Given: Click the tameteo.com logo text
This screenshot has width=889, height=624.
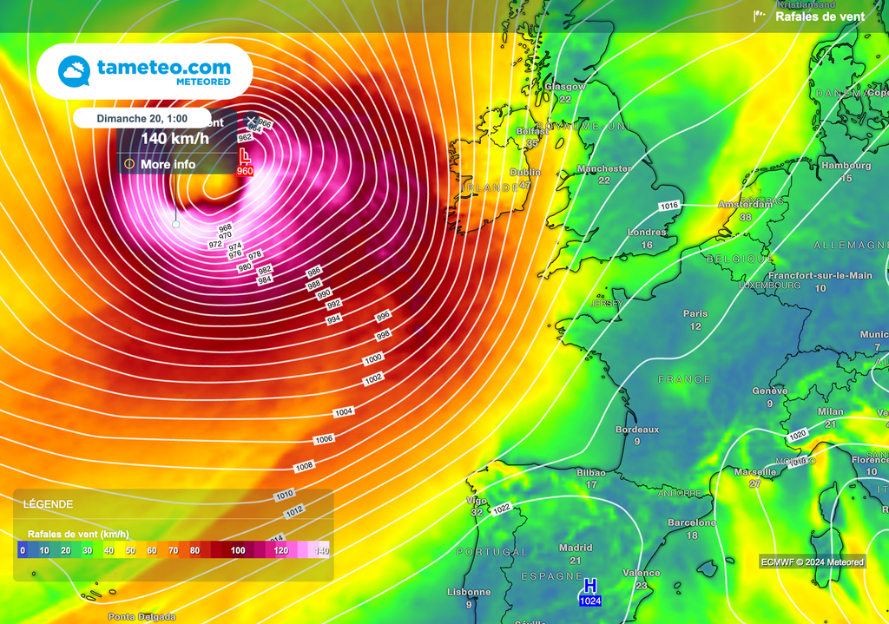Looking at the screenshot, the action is (x=164, y=67).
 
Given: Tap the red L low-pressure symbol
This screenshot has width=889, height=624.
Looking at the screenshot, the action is (x=245, y=156).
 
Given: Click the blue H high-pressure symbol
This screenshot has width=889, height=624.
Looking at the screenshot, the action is (x=591, y=585).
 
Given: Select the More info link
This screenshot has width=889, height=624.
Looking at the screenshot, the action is (x=168, y=164).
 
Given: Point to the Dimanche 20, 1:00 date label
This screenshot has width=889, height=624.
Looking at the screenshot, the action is (x=142, y=118).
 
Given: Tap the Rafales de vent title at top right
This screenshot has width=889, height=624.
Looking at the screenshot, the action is (x=820, y=16).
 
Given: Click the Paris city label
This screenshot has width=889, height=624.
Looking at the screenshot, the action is (x=695, y=314).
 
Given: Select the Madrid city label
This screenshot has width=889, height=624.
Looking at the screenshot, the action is (x=576, y=548).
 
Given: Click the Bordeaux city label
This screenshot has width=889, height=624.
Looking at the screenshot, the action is (x=637, y=430).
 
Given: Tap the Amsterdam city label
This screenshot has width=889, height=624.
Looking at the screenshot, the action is (x=745, y=205).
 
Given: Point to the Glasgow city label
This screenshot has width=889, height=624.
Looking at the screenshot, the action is (x=565, y=87).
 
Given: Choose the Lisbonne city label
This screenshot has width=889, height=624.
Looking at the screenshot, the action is (x=468, y=593).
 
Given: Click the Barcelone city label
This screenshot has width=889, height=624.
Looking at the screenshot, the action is (x=692, y=523).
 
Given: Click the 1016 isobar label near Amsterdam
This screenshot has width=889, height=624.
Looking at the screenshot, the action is (x=668, y=206).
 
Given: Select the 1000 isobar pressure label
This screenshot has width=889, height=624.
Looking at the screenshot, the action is (x=373, y=358).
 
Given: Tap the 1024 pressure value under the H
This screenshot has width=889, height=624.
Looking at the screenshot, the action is (x=591, y=601).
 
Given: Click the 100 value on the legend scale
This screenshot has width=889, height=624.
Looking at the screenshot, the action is (x=238, y=551).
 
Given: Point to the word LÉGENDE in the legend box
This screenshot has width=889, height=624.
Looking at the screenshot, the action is (x=49, y=504).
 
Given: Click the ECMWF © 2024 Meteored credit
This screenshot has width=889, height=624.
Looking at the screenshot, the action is (x=812, y=562).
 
